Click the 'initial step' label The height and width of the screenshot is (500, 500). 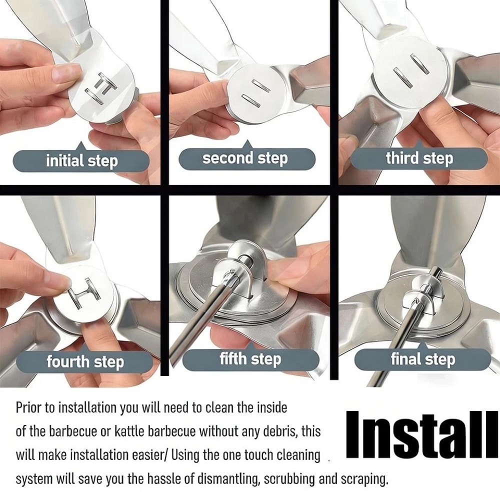pyautogui.click(x=81, y=161)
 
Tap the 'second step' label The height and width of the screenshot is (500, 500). pyautogui.click(x=245, y=158)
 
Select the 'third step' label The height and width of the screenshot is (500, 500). pyautogui.click(x=419, y=158)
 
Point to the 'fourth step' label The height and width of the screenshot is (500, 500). pyautogui.click(x=85, y=361)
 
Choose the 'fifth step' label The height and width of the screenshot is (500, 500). pyautogui.click(x=250, y=359)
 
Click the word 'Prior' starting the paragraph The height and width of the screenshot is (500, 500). pyautogui.click(x=28, y=407)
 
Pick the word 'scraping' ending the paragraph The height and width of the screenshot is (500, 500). pyautogui.click(x=364, y=478)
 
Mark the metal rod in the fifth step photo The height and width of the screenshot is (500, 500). pyautogui.click(x=200, y=320)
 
